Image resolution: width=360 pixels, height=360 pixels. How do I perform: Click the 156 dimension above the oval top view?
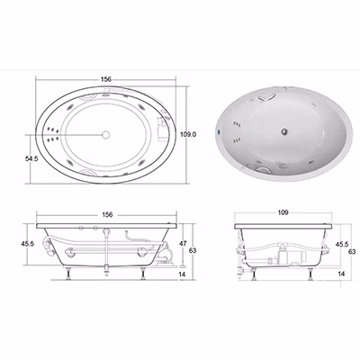coord(106,79)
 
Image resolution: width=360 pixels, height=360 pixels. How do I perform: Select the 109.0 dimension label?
coord(188,135)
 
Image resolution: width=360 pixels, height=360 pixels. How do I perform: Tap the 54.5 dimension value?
coord(31,159)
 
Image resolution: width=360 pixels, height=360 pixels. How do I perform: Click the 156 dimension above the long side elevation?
coord(107,215)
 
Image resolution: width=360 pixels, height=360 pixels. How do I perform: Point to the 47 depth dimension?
coord(183,244)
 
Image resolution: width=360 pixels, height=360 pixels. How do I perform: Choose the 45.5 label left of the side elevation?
coord(28,244)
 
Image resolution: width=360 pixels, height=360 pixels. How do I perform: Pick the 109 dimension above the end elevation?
coord(283,212)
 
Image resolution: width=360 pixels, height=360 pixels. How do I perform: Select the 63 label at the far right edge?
coord(353,251)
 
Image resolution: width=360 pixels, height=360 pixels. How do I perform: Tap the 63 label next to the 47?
coord(193,250)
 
